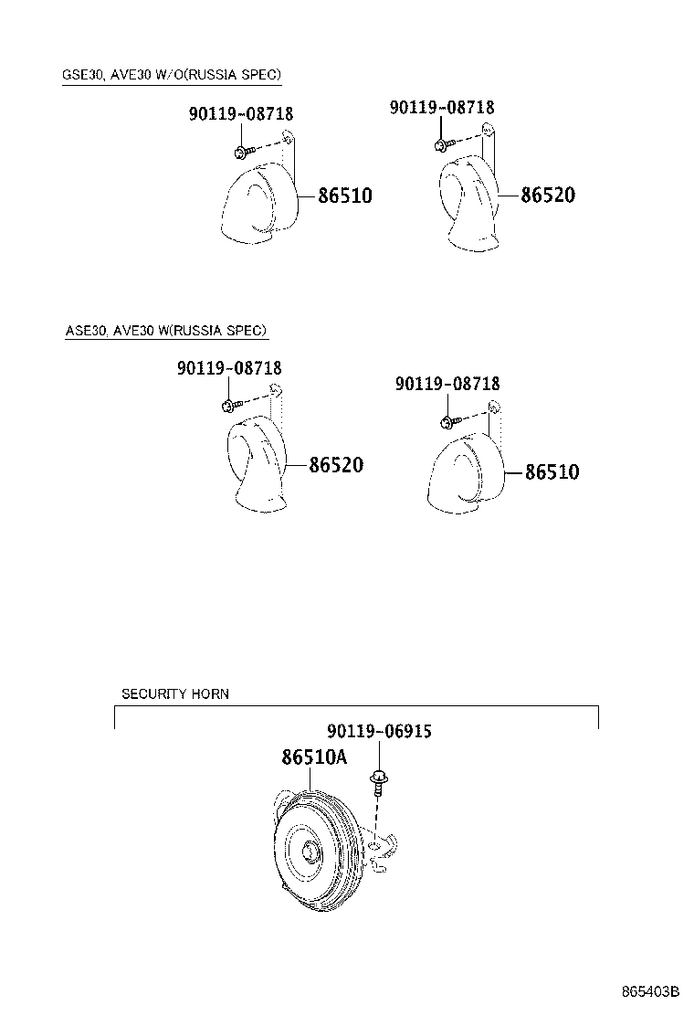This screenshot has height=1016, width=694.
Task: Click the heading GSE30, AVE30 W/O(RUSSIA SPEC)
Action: point(172,75)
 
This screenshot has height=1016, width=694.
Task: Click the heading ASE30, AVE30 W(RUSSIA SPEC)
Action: point(165,331)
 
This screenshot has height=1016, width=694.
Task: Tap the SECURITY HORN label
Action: point(175,694)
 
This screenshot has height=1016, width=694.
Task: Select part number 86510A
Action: point(315,757)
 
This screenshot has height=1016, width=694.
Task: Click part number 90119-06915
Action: point(379,731)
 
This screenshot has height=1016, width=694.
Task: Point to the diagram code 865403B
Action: point(650,991)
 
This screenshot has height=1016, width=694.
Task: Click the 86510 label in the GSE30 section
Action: point(345,195)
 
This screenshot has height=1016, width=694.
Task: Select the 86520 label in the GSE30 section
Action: point(548,195)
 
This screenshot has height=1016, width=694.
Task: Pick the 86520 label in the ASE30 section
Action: point(336,464)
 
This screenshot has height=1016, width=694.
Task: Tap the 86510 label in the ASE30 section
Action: point(552,471)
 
